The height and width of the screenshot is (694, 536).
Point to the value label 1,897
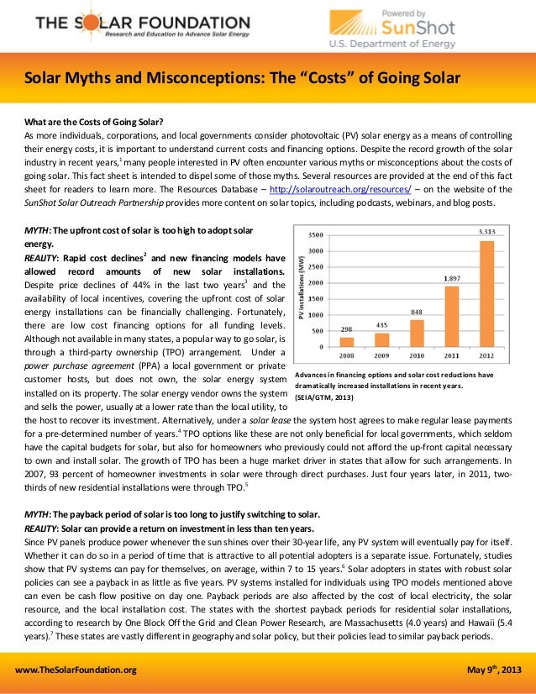coord(452,278)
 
